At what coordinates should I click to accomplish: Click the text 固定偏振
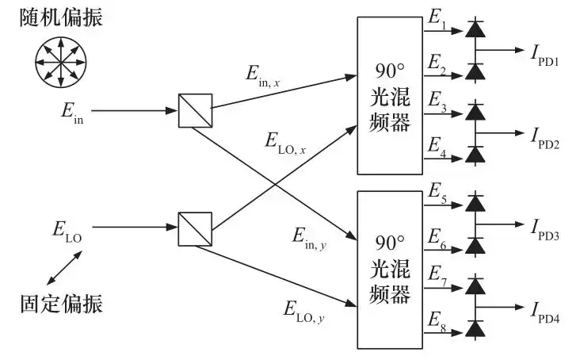coord(61,303)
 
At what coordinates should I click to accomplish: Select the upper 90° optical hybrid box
coord(390,94)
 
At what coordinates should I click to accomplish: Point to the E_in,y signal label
coord(311,236)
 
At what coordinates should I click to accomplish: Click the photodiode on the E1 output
coord(475,30)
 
